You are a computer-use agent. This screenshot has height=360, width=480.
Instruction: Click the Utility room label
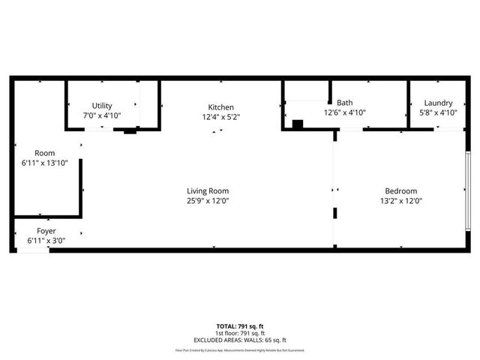[102, 106]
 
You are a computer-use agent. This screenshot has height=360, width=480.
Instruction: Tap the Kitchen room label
[221, 107]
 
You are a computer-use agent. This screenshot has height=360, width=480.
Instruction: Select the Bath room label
[344, 103]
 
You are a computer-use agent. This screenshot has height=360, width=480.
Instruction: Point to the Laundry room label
[438, 103]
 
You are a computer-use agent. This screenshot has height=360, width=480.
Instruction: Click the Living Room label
[208, 190]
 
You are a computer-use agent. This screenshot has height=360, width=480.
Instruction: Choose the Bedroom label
[401, 190]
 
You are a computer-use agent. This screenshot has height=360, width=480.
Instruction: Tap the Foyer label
[46, 230]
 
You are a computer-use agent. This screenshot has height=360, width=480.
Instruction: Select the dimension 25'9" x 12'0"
[208, 200]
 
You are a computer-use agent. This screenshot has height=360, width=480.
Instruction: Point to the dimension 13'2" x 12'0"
[401, 200]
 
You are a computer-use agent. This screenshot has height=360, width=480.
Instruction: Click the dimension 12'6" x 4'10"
[344, 112]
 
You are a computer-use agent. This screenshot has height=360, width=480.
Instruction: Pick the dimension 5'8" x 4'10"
[438, 112]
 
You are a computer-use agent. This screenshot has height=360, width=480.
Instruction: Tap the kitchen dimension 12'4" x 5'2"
[221, 117]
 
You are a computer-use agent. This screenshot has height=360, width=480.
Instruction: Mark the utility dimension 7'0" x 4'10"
[102, 115]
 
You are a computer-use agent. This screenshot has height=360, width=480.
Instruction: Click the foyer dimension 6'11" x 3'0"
[46, 240]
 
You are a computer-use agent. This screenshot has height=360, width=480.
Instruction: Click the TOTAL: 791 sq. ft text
[239, 325]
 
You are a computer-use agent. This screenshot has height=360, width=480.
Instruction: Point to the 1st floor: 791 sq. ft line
[239, 332]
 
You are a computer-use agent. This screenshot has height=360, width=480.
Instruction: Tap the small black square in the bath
[297, 124]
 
